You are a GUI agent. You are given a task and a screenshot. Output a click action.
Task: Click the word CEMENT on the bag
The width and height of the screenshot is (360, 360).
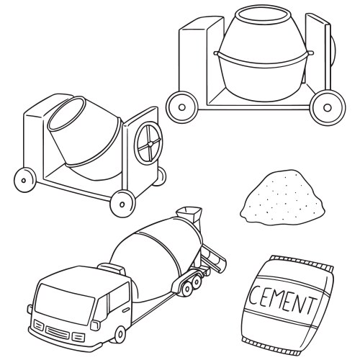point(282,300)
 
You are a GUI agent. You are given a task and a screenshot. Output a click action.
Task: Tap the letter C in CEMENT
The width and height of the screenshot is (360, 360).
point(254,294)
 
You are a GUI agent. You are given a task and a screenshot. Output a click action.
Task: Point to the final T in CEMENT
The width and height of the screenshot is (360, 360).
point(311,305)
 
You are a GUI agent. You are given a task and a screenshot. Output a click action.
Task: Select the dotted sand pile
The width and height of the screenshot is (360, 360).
point(283,197)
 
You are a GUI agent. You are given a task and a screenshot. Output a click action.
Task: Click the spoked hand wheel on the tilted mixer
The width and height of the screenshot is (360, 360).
point(148,143)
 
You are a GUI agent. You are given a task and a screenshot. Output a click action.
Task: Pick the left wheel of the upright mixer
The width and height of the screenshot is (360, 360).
point(182,107)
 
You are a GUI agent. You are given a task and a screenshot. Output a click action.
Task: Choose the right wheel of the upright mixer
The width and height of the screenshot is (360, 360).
point(328,108)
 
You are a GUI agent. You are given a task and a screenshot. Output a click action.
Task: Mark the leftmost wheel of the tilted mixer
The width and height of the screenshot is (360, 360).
point(24,180)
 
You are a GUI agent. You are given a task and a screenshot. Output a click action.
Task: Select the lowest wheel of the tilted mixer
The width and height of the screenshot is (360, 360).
point(122,204)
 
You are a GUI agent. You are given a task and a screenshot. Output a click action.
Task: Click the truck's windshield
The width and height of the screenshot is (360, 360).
point(64,301)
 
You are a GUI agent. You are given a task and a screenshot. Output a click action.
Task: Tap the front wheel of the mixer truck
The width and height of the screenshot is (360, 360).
point(120,334)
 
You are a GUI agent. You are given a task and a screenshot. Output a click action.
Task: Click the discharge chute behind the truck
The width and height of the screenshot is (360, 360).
point(215,258)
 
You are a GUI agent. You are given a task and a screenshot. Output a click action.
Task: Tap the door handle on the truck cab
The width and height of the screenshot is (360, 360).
point(126,310)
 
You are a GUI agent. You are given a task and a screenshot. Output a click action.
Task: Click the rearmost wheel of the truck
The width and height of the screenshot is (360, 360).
point(197,282)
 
